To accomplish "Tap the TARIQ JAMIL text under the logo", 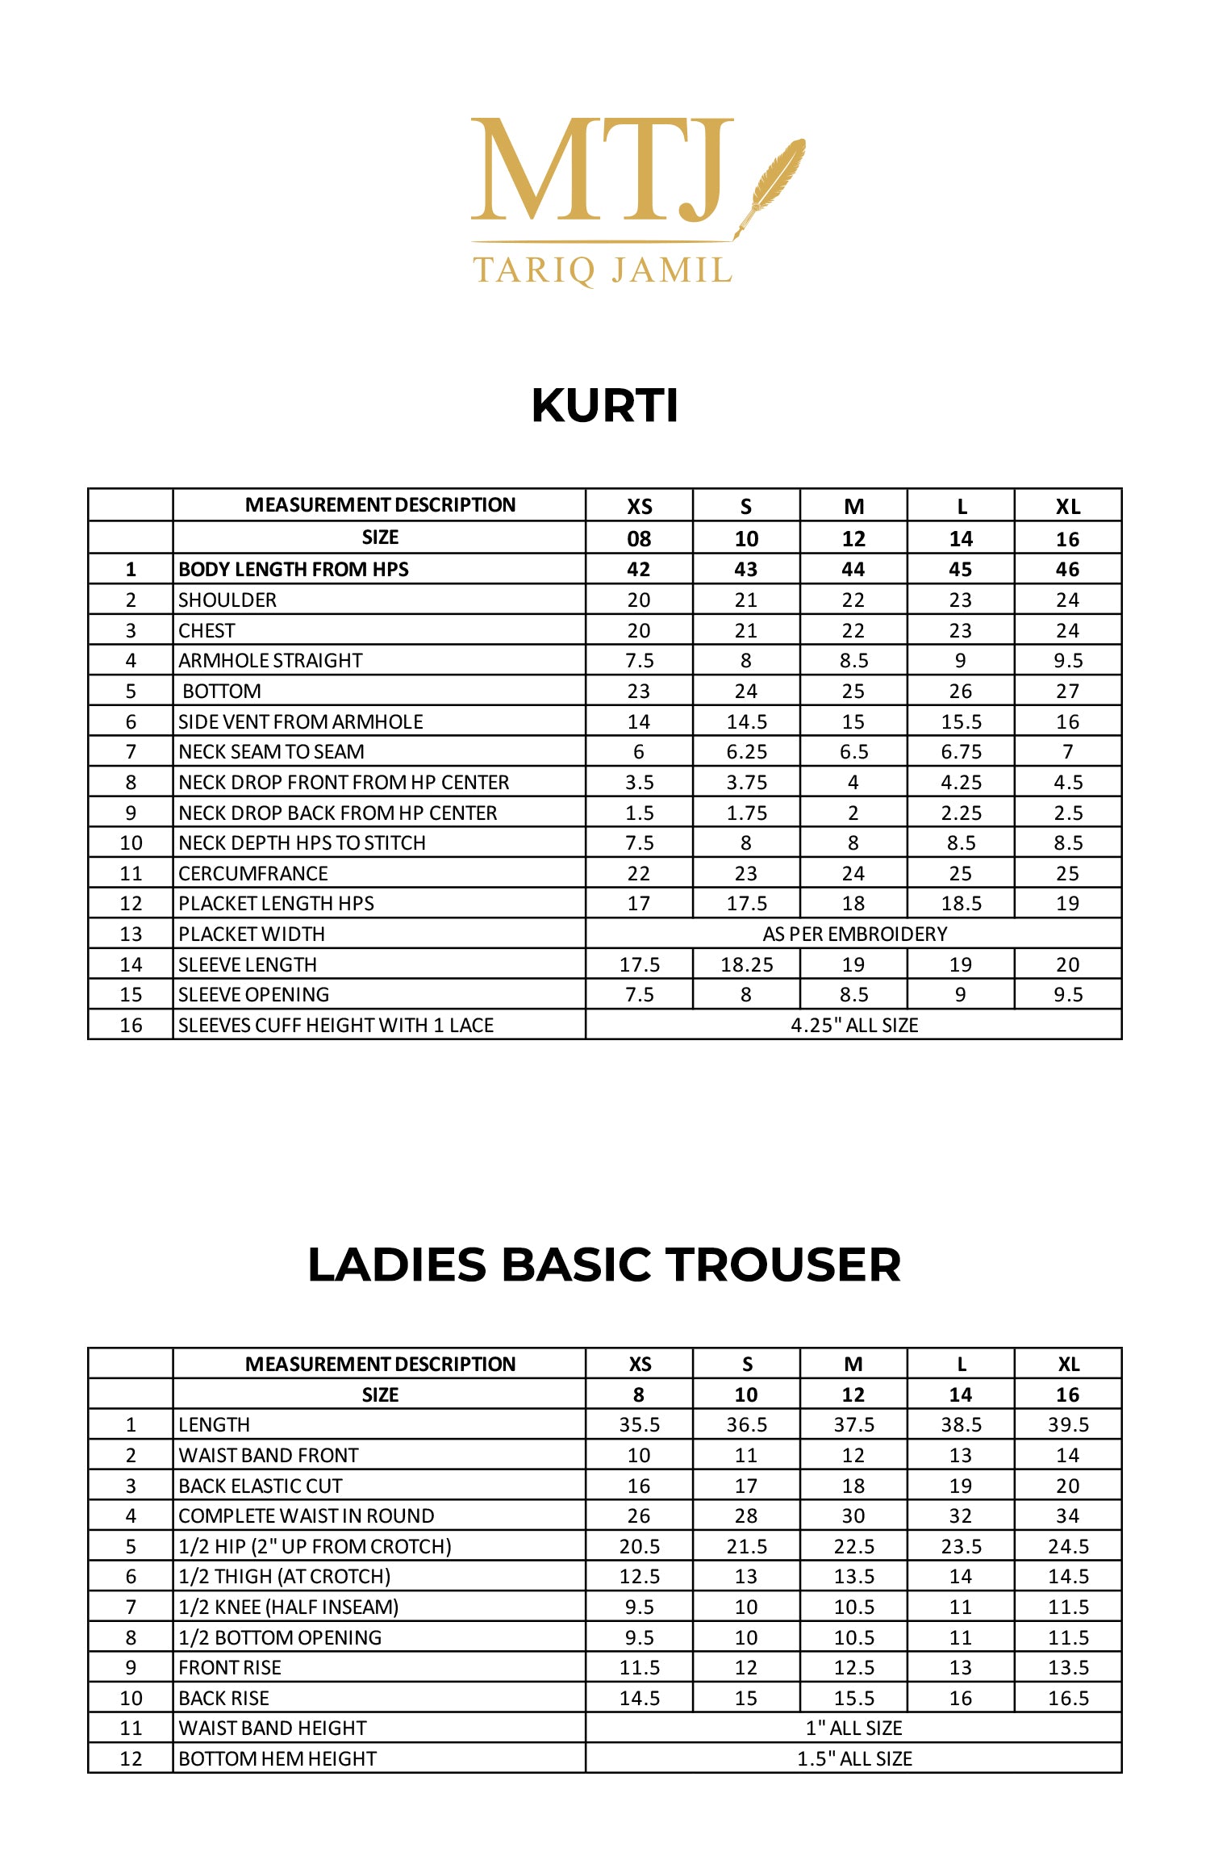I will pyautogui.click(x=602, y=270).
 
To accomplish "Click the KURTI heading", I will pyautogui.click(x=605, y=405).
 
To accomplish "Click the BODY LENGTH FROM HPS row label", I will pyautogui.click(x=294, y=570).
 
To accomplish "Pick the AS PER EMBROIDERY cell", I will pyautogui.click(x=854, y=934).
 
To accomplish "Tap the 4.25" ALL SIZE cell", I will pyautogui.click(x=854, y=1025).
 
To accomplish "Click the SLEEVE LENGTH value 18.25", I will pyautogui.click(x=746, y=964).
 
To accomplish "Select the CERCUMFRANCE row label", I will pyautogui.click(x=253, y=873).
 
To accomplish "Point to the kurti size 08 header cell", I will pyautogui.click(x=639, y=539).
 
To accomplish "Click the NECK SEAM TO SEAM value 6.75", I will pyautogui.click(x=961, y=752).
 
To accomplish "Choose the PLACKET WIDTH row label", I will pyautogui.click(x=252, y=934).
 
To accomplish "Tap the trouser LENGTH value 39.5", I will pyautogui.click(x=1068, y=1425).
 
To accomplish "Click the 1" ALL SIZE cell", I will pyautogui.click(x=854, y=1728).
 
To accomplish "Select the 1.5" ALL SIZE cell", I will pyautogui.click(x=854, y=1758).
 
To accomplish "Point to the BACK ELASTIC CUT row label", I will pyautogui.click(x=261, y=1486).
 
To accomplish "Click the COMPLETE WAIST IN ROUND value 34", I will pyautogui.click(x=1068, y=1516).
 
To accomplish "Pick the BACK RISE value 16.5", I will pyautogui.click(x=1068, y=1698).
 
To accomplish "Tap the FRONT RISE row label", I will pyautogui.click(x=230, y=1667).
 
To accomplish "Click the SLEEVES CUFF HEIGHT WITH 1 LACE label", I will pyautogui.click(x=336, y=1025).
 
